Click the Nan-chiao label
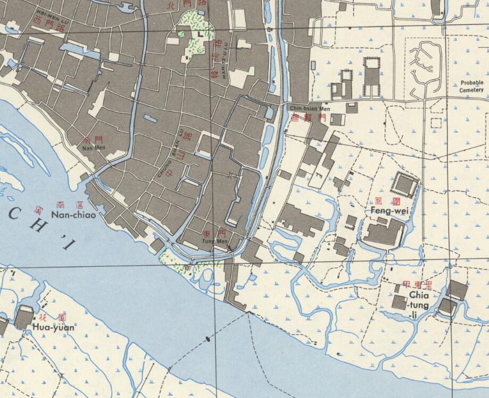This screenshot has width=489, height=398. point(73,215)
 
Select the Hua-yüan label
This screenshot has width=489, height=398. point(53,327)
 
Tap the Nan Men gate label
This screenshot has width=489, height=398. point(93,148)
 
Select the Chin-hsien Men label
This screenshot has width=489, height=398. point(310,108)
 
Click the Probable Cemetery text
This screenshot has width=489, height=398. point(472,87)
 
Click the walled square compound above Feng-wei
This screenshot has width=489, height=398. point(405,184)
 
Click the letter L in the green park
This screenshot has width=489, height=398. point(200,33)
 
